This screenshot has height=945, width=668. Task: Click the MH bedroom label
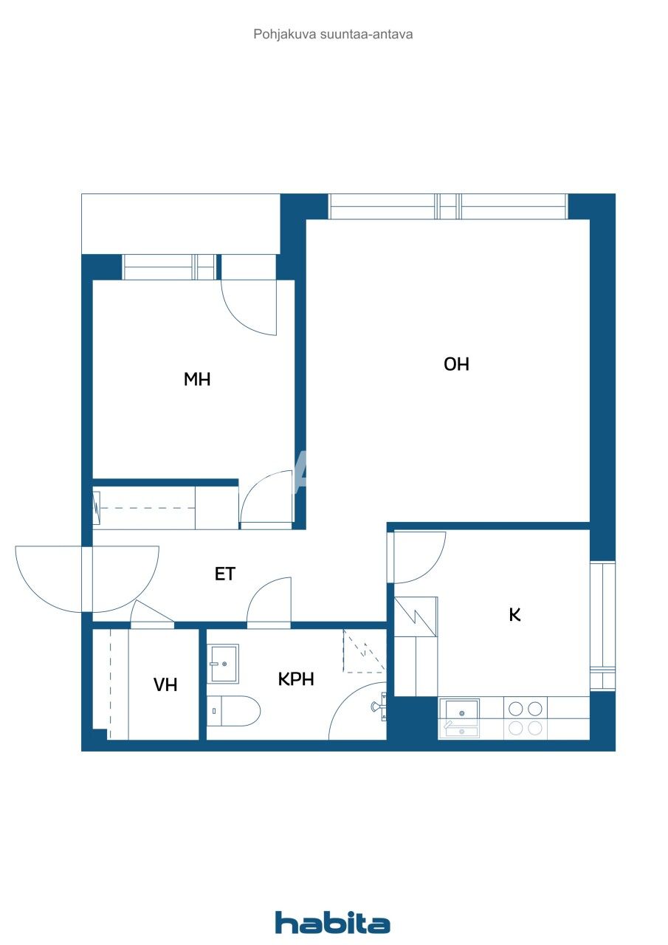point(197,379)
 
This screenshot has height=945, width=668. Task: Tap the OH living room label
point(456,364)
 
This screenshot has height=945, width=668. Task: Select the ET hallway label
point(225,574)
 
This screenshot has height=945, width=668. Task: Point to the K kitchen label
point(514,614)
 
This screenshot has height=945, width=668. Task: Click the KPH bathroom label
point(296,679)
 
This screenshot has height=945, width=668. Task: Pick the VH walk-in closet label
point(165,684)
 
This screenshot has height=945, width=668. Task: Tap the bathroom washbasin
point(224,663)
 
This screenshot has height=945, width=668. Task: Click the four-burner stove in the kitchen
point(526,718)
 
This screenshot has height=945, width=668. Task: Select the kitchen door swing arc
point(419,556)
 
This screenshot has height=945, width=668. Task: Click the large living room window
point(447,207)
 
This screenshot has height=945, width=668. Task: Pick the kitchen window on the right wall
point(602,625)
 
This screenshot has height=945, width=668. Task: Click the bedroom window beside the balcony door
point(169,267)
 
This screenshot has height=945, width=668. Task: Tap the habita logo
point(332,922)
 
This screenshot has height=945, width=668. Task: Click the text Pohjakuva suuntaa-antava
point(333,34)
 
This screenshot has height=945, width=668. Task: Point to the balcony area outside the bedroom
point(180,223)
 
